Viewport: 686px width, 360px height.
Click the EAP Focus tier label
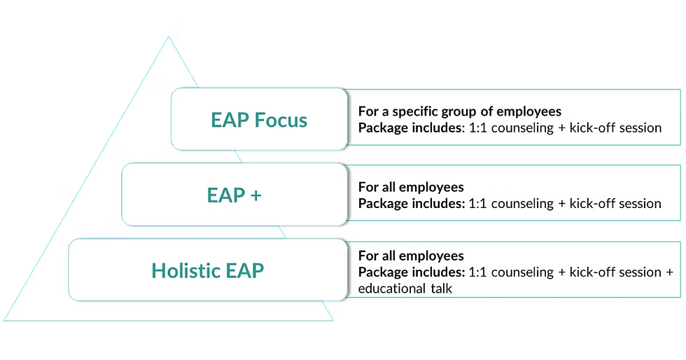click(x=259, y=120)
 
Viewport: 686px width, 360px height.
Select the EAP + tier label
click(x=234, y=195)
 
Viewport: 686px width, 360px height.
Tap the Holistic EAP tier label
click(x=209, y=270)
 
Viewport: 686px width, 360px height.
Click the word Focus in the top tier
click(x=280, y=120)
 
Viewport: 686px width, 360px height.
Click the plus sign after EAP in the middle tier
click(x=255, y=195)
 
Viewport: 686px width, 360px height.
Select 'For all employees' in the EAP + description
click(x=411, y=187)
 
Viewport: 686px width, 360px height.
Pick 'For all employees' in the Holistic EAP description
click(x=411, y=256)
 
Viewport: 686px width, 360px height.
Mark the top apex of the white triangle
click(x=168, y=35)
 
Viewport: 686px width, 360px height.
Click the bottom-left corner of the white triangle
click(x=6, y=321)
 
